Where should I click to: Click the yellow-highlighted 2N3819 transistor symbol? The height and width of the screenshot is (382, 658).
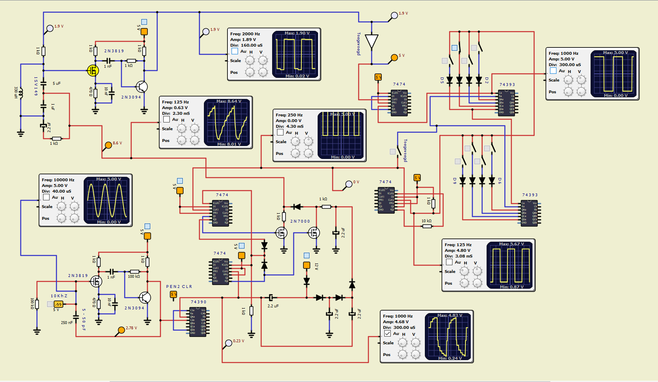pos(93,71)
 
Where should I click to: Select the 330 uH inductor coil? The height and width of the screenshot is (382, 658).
pos(21,92)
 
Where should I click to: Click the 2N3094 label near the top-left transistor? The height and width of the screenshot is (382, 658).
pos(131,97)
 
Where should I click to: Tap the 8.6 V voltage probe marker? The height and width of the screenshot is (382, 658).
pos(108,145)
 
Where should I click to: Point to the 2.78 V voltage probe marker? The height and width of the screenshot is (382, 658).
pos(121,330)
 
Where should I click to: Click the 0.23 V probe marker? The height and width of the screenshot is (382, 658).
pos(229,343)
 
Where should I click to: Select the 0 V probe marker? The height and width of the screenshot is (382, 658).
pos(349,184)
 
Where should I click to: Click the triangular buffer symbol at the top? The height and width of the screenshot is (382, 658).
pos(372,42)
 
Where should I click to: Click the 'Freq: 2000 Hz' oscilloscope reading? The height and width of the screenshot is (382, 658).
pos(245,34)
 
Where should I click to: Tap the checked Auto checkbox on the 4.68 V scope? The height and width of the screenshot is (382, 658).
pos(387,333)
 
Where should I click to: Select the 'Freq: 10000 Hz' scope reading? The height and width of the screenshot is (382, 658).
pos(58,180)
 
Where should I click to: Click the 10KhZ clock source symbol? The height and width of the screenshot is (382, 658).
pos(58,304)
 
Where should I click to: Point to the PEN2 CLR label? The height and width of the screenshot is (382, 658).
pos(179,287)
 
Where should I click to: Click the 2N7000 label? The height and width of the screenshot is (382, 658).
pos(300,221)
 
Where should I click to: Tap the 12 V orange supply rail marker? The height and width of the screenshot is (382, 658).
pos(307,265)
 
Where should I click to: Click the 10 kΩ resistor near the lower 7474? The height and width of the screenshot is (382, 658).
pos(427,226)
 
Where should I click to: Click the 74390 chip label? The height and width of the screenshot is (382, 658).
pos(199,302)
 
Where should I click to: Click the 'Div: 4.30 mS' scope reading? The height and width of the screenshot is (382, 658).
pos(290,127)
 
